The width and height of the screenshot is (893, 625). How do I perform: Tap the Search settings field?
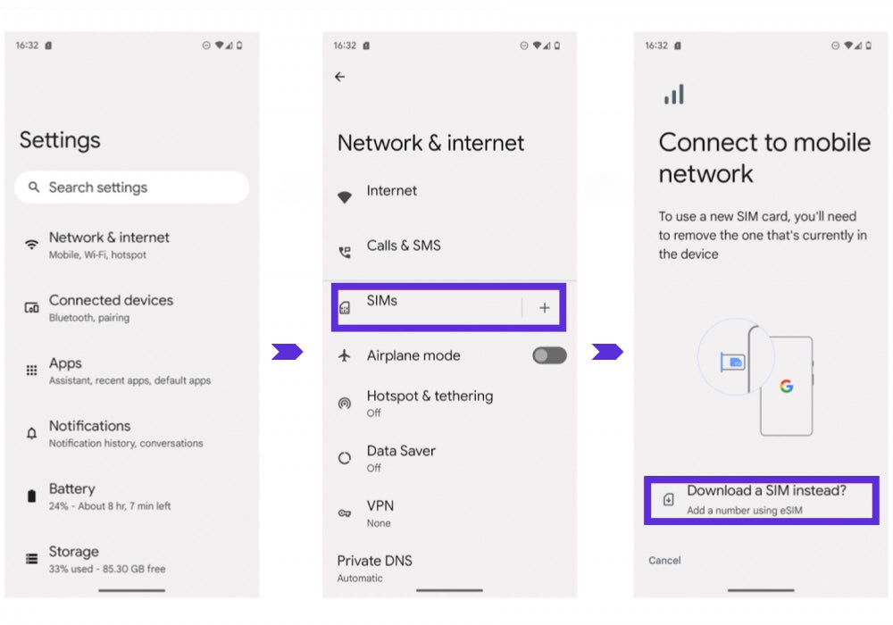click(x=131, y=187)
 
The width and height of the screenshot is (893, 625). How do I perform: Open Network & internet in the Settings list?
click(x=109, y=245)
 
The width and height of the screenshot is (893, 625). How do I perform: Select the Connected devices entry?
click(x=111, y=307)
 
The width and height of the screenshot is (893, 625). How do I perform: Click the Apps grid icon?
click(x=32, y=371)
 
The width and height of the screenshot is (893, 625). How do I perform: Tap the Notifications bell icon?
click(x=32, y=434)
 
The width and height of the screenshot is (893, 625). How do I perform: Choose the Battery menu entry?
click(x=109, y=496)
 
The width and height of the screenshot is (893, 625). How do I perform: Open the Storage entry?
click(x=107, y=559)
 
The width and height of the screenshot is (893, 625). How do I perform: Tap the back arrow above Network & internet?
click(x=340, y=77)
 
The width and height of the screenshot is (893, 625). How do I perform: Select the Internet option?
click(x=391, y=191)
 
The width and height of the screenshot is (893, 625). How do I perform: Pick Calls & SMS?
click(x=404, y=246)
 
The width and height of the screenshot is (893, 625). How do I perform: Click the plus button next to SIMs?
click(x=545, y=308)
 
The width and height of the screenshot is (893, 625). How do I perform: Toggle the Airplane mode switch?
click(x=549, y=355)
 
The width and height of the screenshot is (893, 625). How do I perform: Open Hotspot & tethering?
click(x=430, y=403)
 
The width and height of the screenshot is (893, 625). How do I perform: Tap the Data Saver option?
click(x=401, y=458)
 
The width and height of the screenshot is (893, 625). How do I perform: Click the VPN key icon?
click(x=345, y=513)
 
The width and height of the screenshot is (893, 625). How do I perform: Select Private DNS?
click(x=375, y=568)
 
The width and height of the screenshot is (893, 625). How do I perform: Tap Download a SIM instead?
click(x=766, y=491)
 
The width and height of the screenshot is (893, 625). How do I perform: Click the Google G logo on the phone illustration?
click(x=787, y=387)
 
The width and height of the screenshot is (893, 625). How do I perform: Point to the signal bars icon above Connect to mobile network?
click(x=674, y=95)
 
